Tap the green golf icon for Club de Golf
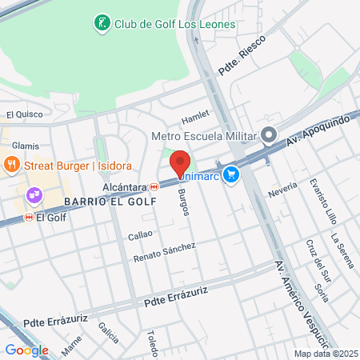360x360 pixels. (x=102, y=23)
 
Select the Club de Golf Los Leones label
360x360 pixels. (x=174, y=24)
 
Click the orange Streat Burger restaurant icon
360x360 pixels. (x=11, y=166)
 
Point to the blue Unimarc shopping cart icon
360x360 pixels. (x=231, y=174)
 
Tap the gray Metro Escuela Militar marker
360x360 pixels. (x=269, y=134)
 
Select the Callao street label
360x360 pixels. (x=140, y=236)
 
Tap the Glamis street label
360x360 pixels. (x=26, y=146)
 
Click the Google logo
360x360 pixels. (x=26, y=350)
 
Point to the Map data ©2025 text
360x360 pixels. (x=326, y=354)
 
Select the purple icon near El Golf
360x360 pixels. (x=34, y=194)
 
